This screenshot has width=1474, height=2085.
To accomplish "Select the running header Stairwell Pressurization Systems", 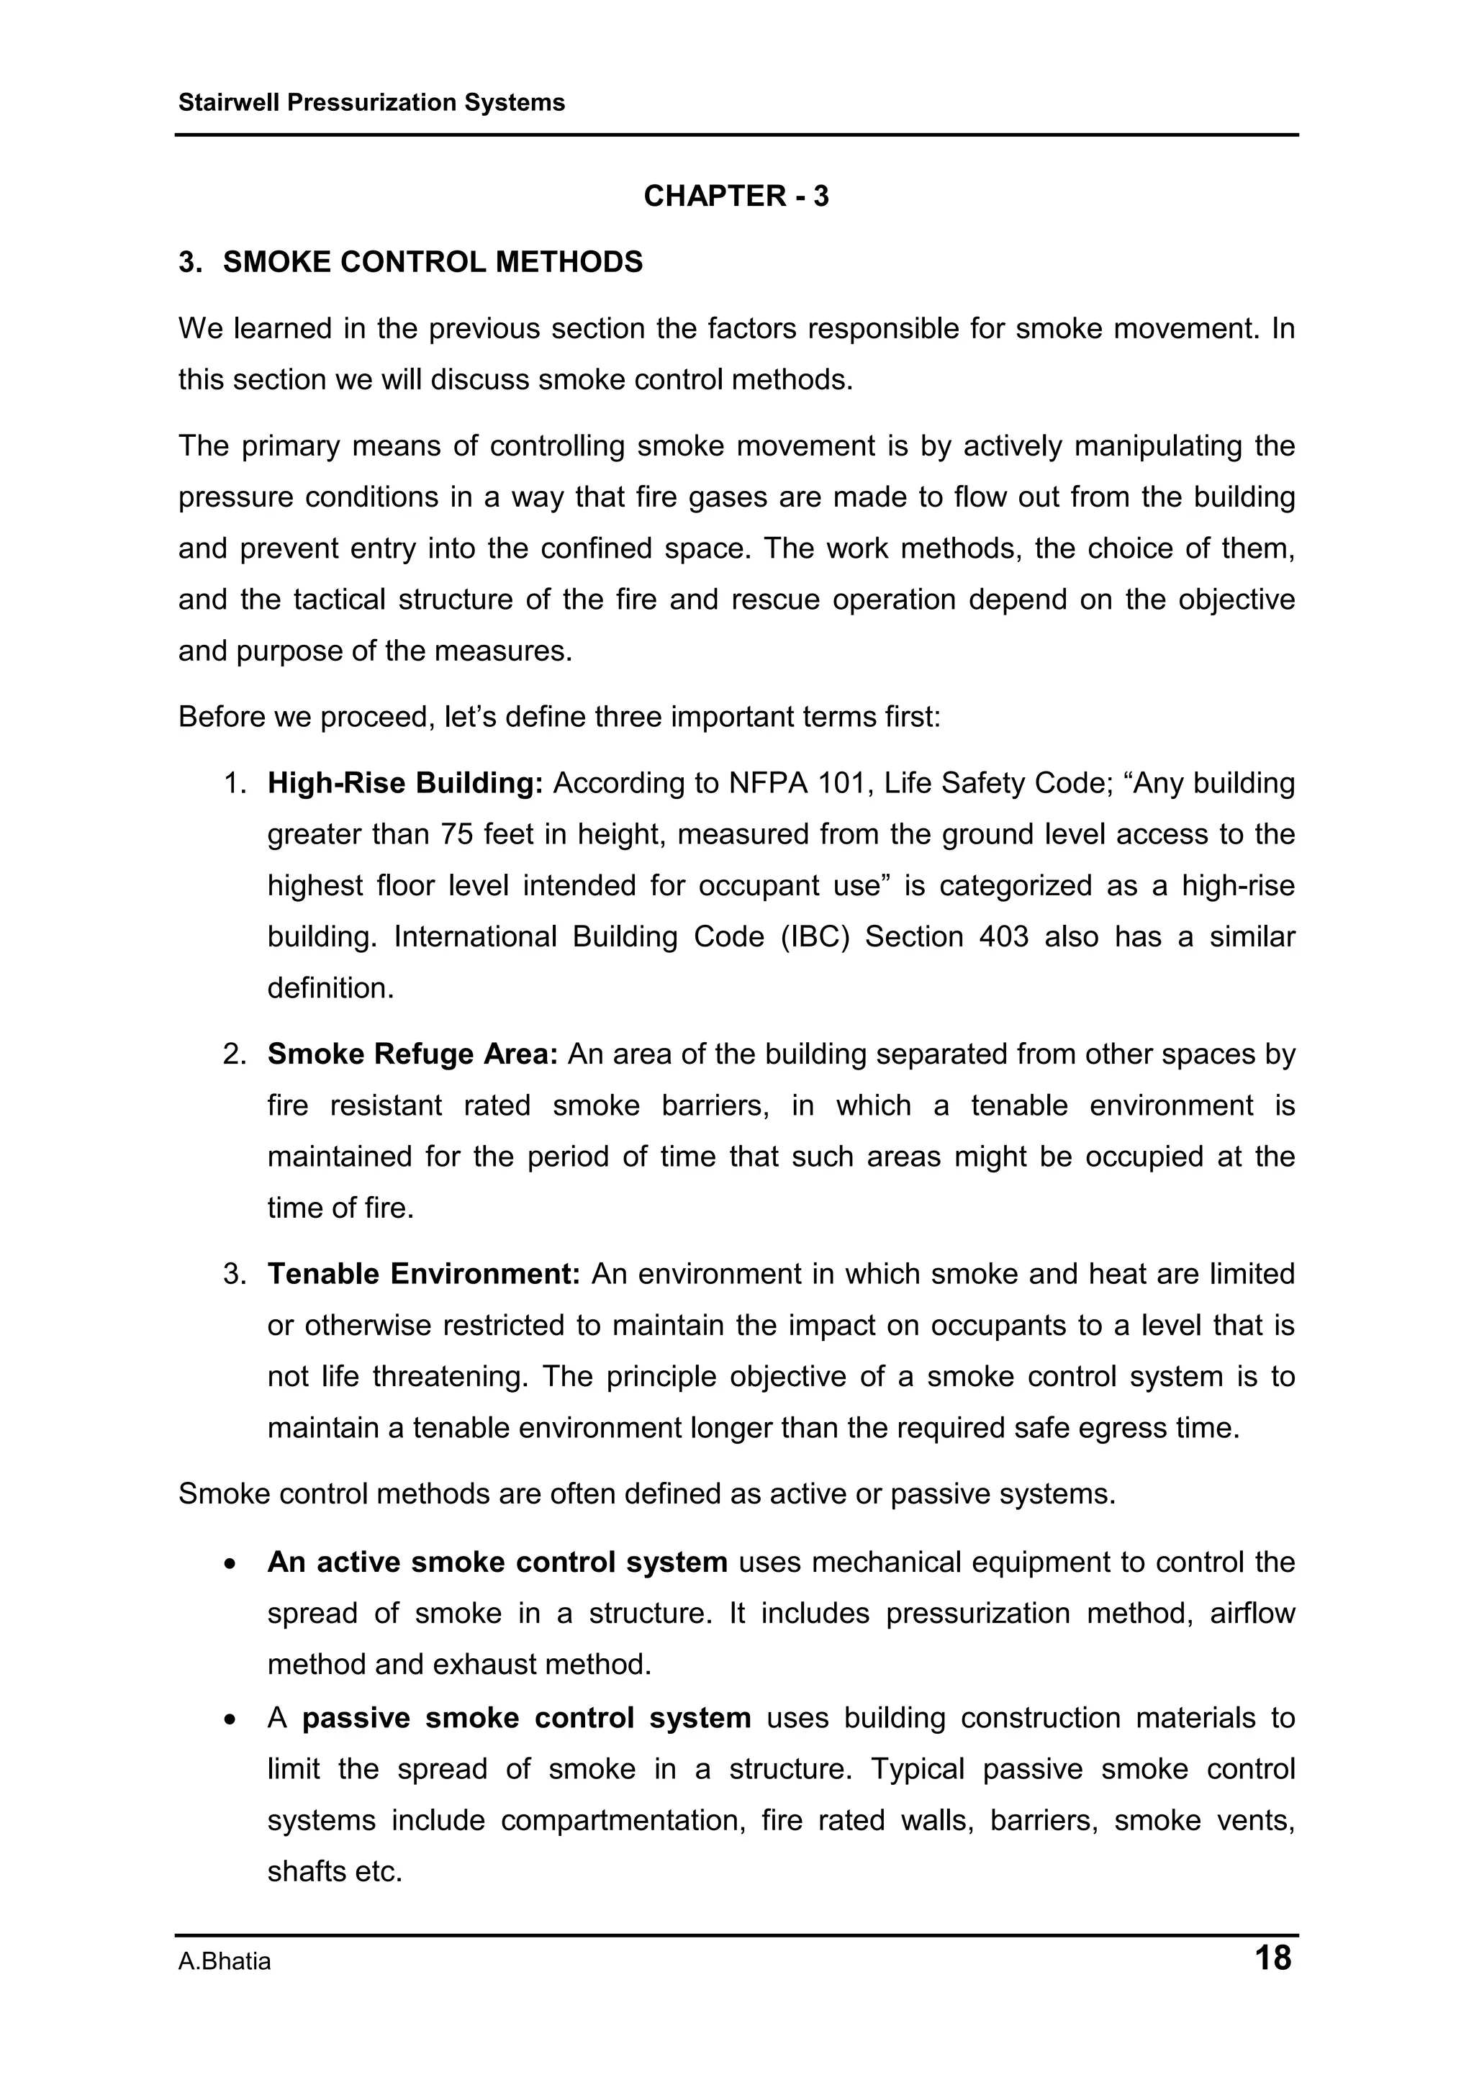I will tap(371, 103).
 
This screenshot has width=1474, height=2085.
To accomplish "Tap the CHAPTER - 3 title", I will tap(736, 196).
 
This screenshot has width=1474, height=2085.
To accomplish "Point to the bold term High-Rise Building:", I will tap(404, 783).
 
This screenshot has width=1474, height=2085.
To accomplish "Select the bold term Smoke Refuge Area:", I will tap(412, 1054).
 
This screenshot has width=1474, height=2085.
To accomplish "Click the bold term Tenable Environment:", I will tap(423, 1274).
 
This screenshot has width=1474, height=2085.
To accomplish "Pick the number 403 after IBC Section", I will tap(1003, 936).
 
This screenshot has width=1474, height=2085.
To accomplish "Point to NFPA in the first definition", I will tap(769, 783).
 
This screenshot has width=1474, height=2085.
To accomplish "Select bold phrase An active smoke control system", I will tap(497, 1562).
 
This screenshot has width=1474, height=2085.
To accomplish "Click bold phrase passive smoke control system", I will tap(526, 1718).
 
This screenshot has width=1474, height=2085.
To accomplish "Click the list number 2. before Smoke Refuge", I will tap(235, 1054).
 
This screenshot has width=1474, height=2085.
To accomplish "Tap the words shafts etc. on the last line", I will tap(334, 1871).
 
